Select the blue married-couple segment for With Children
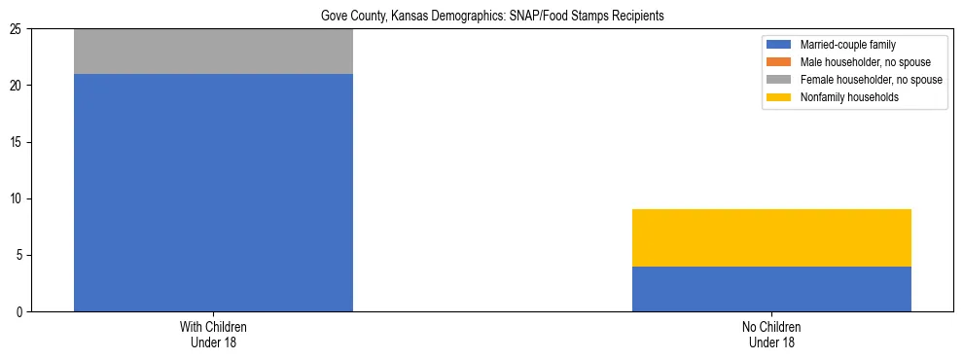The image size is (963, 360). [x=213, y=193]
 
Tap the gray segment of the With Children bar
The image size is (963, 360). [x=213, y=52]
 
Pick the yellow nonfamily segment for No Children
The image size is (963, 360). [x=771, y=237]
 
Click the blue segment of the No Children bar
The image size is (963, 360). [x=771, y=289]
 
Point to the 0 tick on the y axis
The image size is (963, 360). [x=22, y=312]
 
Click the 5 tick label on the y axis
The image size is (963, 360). [x=22, y=256]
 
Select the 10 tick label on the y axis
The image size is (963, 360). [x=19, y=199]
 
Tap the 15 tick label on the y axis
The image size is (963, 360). [x=19, y=143]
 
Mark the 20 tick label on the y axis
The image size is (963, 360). [x=19, y=86]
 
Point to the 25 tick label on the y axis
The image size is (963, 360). [x=19, y=29]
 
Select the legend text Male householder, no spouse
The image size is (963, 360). [x=864, y=62]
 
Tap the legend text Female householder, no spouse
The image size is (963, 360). [x=870, y=80]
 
